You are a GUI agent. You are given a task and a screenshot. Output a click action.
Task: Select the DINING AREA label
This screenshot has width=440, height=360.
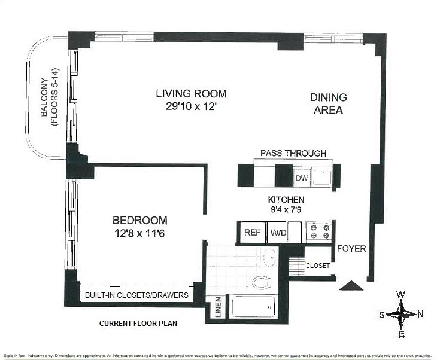click(x=328, y=103)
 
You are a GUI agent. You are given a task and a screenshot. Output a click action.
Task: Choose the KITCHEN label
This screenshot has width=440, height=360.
click(x=286, y=200)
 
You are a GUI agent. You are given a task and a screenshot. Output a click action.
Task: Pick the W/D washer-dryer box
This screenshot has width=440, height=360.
click(x=277, y=233)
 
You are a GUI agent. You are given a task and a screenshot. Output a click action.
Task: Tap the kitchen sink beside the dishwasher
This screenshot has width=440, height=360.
click(x=323, y=177)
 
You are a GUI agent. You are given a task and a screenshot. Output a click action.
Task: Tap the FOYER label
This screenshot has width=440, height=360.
click(x=351, y=248)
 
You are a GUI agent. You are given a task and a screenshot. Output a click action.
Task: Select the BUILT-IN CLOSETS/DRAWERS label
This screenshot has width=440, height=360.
click(x=136, y=295)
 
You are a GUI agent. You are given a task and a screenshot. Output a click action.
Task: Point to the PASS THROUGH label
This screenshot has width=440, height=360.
click(x=293, y=153)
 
